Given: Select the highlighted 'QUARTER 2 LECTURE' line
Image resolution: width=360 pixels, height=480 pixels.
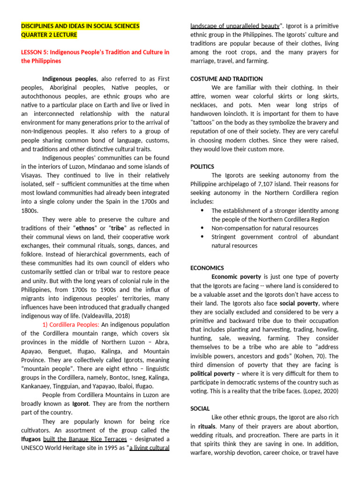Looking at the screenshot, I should [49, 35].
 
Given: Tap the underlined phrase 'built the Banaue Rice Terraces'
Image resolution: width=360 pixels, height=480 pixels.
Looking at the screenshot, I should [85, 439].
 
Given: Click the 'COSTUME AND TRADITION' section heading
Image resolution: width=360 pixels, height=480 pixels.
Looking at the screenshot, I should [226, 79].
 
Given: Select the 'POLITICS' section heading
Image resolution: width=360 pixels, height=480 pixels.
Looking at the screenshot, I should [202, 166].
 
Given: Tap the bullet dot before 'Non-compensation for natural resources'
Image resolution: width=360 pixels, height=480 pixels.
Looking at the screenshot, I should [202, 228].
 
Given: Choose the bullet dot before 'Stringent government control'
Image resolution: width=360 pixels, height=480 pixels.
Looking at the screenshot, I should [202, 237].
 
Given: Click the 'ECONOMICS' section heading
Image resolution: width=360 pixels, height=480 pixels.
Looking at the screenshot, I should [207, 268].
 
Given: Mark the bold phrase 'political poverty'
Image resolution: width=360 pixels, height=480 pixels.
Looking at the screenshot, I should [212, 374].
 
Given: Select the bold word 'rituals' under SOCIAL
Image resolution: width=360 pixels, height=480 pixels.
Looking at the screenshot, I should [207, 426].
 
